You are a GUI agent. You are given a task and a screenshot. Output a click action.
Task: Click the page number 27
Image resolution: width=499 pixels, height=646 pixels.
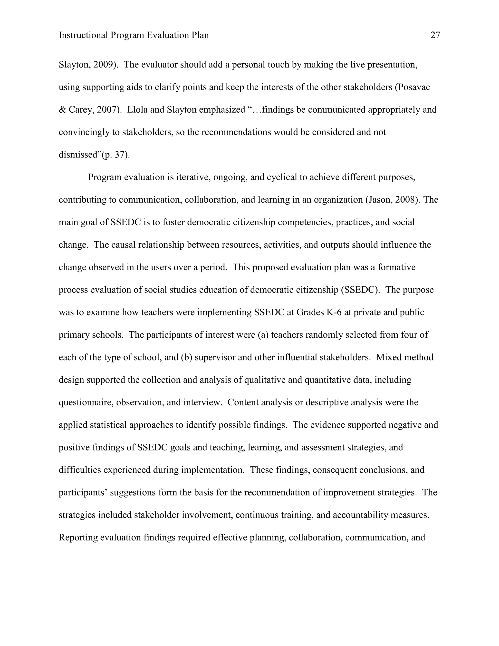[x=435, y=36]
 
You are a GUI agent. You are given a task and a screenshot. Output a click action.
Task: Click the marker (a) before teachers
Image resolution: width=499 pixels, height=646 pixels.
[x=263, y=335]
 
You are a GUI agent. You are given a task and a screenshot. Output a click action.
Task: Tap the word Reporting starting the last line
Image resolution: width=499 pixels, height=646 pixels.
[x=78, y=538]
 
